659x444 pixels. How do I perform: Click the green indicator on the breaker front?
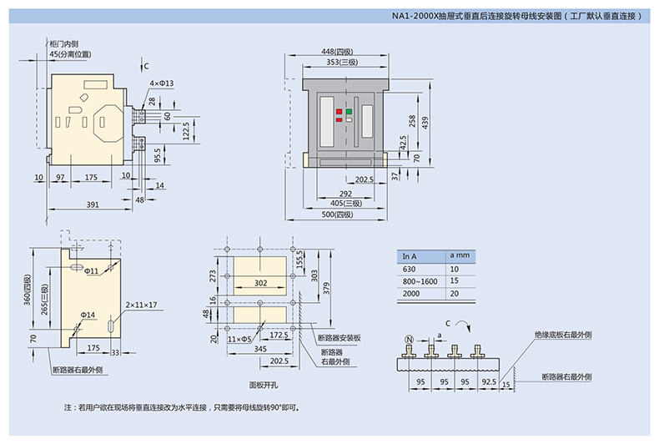tap(349, 112)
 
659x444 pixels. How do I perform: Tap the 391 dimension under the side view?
tap(93, 204)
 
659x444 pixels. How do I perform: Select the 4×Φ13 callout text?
tap(161, 83)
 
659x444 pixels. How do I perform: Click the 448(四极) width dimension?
tap(337, 52)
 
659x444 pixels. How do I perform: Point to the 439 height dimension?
tap(425, 123)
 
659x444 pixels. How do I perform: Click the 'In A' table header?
tap(410, 256)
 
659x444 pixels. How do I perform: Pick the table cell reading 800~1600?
tap(420, 281)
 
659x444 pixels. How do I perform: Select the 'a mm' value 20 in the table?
tap(455, 294)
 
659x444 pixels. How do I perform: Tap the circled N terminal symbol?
tap(409, 340)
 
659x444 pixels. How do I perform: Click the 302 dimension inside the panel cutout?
tap(260, 283)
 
